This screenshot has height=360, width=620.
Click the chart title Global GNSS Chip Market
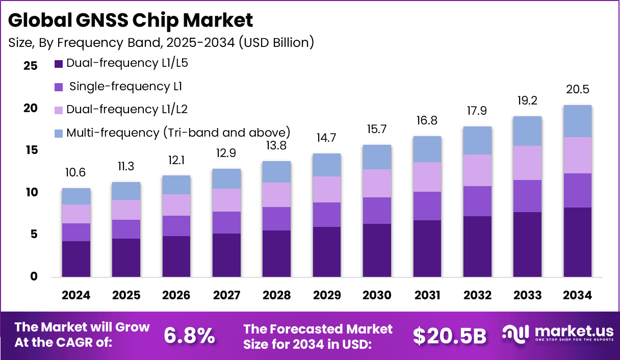(x=131, y=20)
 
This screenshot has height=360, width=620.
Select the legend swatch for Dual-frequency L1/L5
(x=58, y=64)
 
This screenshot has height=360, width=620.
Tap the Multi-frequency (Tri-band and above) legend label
(x=178, y=133)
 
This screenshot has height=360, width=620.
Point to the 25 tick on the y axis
(x=31, y=66)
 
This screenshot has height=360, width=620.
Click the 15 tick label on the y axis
(x=31, y=150)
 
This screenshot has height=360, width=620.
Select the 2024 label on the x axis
(x=76, y=296)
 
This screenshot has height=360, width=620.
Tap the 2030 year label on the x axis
(x=377, y=296)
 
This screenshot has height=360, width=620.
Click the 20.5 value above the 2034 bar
(x=578, y=90)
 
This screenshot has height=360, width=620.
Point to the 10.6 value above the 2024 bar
(x=76, y=173)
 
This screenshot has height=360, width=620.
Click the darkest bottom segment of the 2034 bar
(x=577, y=242)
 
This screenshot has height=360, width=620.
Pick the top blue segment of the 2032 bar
(x=477, y=140)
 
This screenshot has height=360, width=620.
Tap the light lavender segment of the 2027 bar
(x=227, y=200)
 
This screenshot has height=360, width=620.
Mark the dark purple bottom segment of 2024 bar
(x=76, y=259)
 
